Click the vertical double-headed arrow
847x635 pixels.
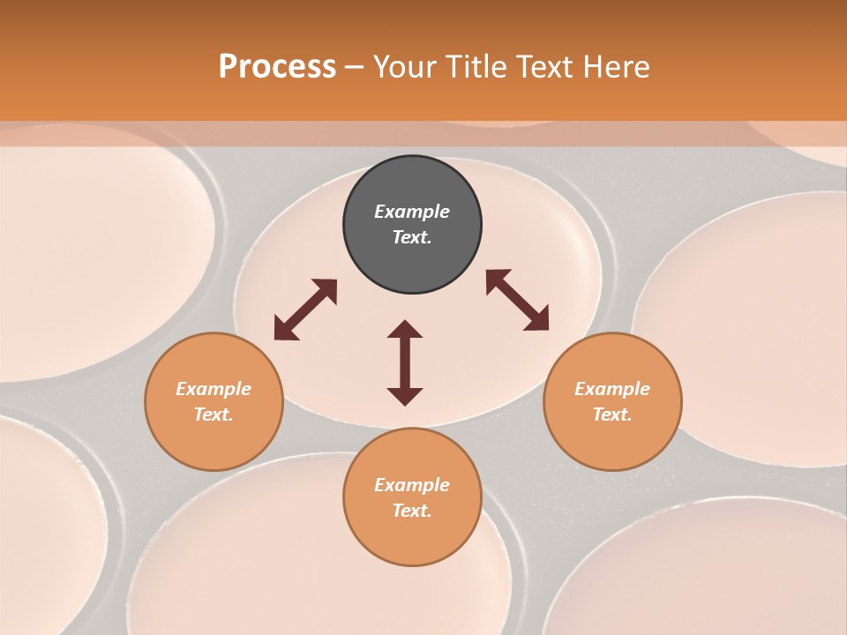click(405, 362)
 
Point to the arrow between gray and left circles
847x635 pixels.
click(305, 310)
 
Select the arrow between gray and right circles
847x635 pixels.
click(517, 300)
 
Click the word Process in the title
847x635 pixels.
click(277, 67)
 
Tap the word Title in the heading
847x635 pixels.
click(477, 67)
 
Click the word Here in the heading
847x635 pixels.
click(617, 67)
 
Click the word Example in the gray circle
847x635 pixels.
click(412, 212)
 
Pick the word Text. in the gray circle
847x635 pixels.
click(412, 237)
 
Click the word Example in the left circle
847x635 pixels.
click(214, 389)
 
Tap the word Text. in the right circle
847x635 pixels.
click(612, 415)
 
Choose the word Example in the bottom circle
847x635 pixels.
click(412, 485)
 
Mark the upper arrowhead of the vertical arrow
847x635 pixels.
click(405, 329)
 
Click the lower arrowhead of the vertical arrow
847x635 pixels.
click(405, 396)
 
